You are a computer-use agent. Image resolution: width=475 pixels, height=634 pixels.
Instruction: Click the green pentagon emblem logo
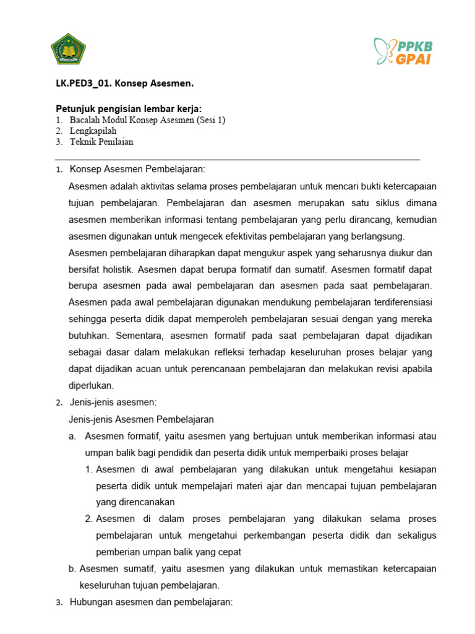click(x=68, y=50)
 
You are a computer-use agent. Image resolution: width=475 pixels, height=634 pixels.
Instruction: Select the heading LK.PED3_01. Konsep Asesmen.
click(x=116, y=84)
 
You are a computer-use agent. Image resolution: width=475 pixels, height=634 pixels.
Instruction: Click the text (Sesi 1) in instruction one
click(x=211, y=120)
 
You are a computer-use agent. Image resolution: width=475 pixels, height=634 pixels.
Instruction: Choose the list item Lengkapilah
click(x=93, y=131)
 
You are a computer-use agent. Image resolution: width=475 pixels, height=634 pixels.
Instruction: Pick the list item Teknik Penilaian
click(x=101, y=142)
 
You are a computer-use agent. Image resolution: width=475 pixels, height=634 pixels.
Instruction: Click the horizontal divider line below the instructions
click(x=235, y=160)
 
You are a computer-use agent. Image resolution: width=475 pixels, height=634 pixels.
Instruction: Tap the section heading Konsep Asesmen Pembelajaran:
click(x=137, y=169)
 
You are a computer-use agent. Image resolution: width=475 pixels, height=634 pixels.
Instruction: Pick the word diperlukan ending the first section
click(x=92, y=385)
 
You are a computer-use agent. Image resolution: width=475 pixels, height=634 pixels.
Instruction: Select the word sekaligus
click(x=414, y=536)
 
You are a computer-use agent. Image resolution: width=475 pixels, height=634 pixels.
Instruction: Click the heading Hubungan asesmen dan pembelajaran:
click(x=151, y=602)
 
